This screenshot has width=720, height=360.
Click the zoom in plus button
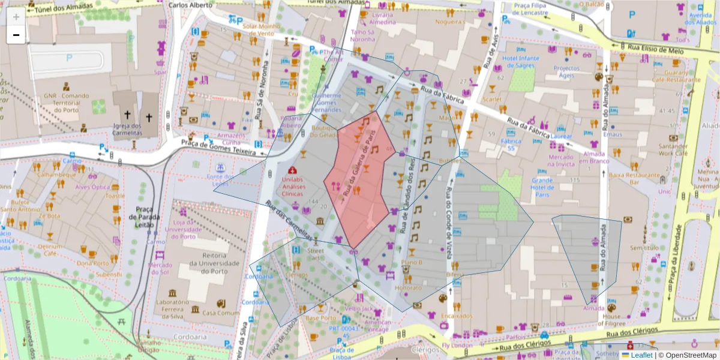[16, 17]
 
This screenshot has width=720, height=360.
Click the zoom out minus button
[16, 35]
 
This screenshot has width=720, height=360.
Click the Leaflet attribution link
[641, 355]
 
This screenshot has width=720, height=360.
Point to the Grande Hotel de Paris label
[542, 184]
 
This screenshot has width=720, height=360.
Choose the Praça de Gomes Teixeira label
[215, 146]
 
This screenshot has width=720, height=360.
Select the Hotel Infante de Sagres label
[521, 62]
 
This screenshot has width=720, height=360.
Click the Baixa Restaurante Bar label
[632, 179]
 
